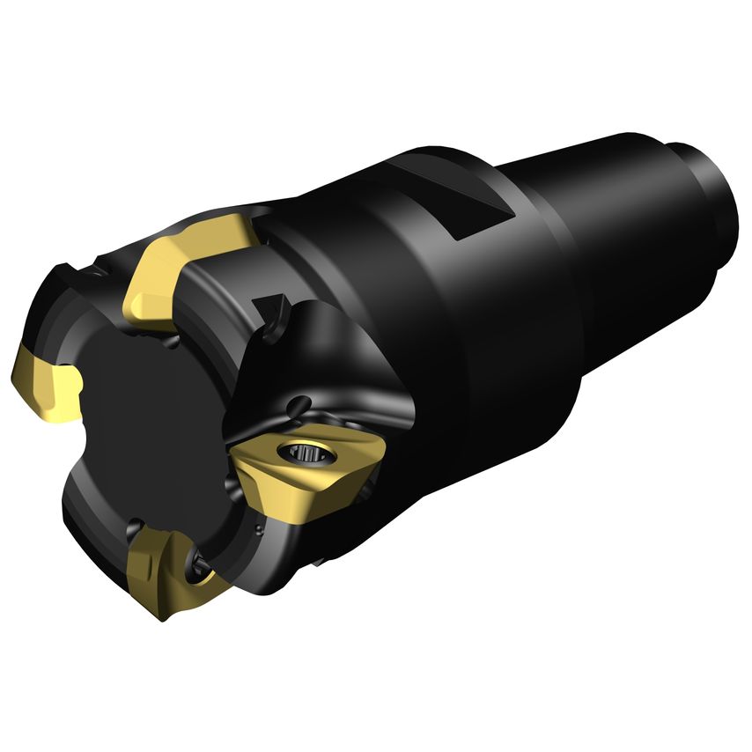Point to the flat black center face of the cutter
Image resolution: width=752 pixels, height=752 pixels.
coord(159,423)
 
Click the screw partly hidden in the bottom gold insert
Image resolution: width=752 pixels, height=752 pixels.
coord(198,564)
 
